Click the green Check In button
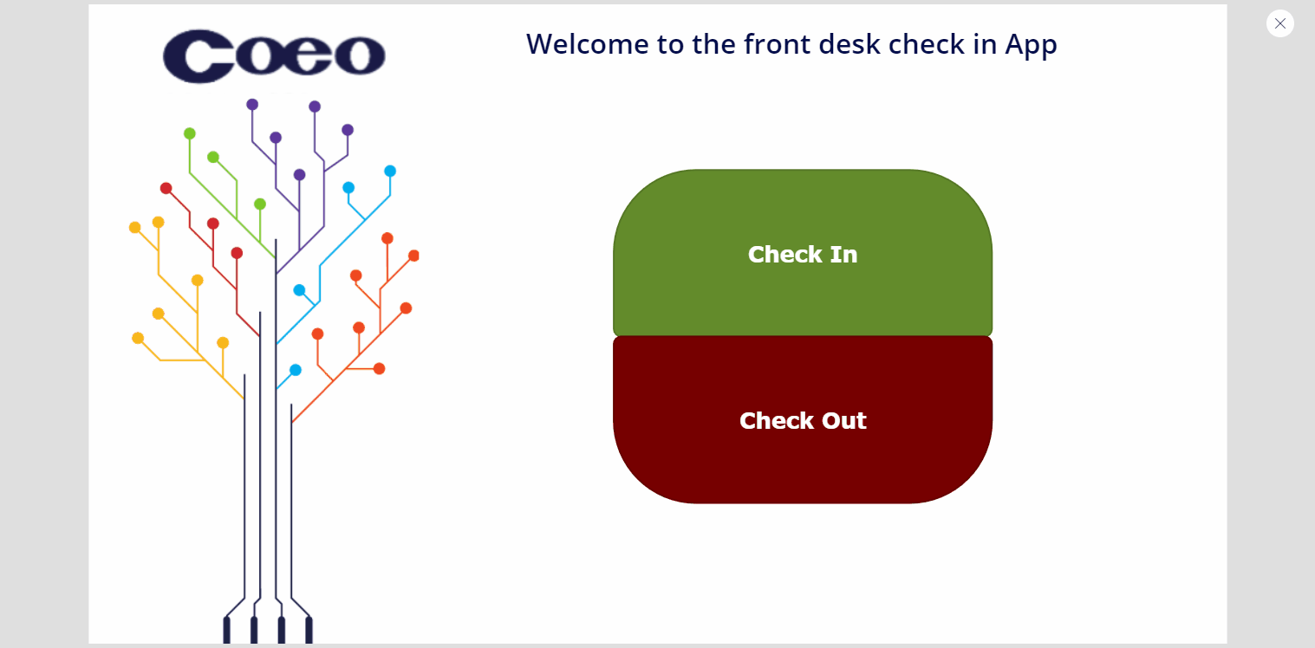(803, 253)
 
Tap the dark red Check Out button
(803, 419)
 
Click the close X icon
(1280, 23)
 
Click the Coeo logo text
(274, 55)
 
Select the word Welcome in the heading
(587, 44)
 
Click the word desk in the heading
(850, 44)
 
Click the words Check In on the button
(803, 254)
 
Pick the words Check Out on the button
(803, 420)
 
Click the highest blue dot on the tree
(390, 171)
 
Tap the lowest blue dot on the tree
(296, 370)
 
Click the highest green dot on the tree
(190, 133)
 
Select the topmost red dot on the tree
(166, 188)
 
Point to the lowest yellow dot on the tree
(223, 342)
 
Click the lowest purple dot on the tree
(299, 174)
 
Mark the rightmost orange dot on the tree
(413, 256)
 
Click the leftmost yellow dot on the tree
(134, 227)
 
